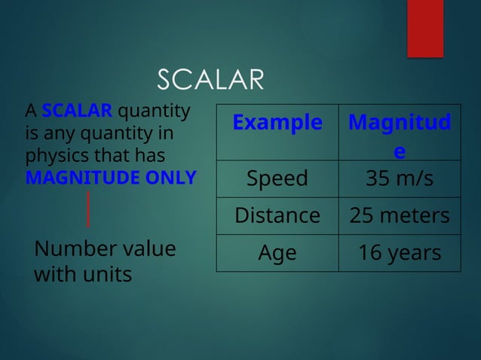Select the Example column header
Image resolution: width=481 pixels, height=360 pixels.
[x=277, y=123]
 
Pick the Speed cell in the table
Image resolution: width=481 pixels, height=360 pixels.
[x=277, y=178]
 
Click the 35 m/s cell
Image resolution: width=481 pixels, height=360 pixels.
[x=399, y=178]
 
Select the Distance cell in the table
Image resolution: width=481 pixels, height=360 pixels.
[x=277, y=215]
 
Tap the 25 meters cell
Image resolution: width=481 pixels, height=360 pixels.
[x=399, y=215]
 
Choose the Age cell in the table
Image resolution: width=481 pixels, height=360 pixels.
[x=277, y=253]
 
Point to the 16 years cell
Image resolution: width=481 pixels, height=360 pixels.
[x=399, y=253]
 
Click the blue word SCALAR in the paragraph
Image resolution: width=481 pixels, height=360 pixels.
[x=77, y=112]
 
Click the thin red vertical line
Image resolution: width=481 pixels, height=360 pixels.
[x=89, y=209]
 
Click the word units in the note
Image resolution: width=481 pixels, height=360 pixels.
[x=107, y=274]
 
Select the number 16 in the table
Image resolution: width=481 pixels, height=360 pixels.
[x=369, y=253]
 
